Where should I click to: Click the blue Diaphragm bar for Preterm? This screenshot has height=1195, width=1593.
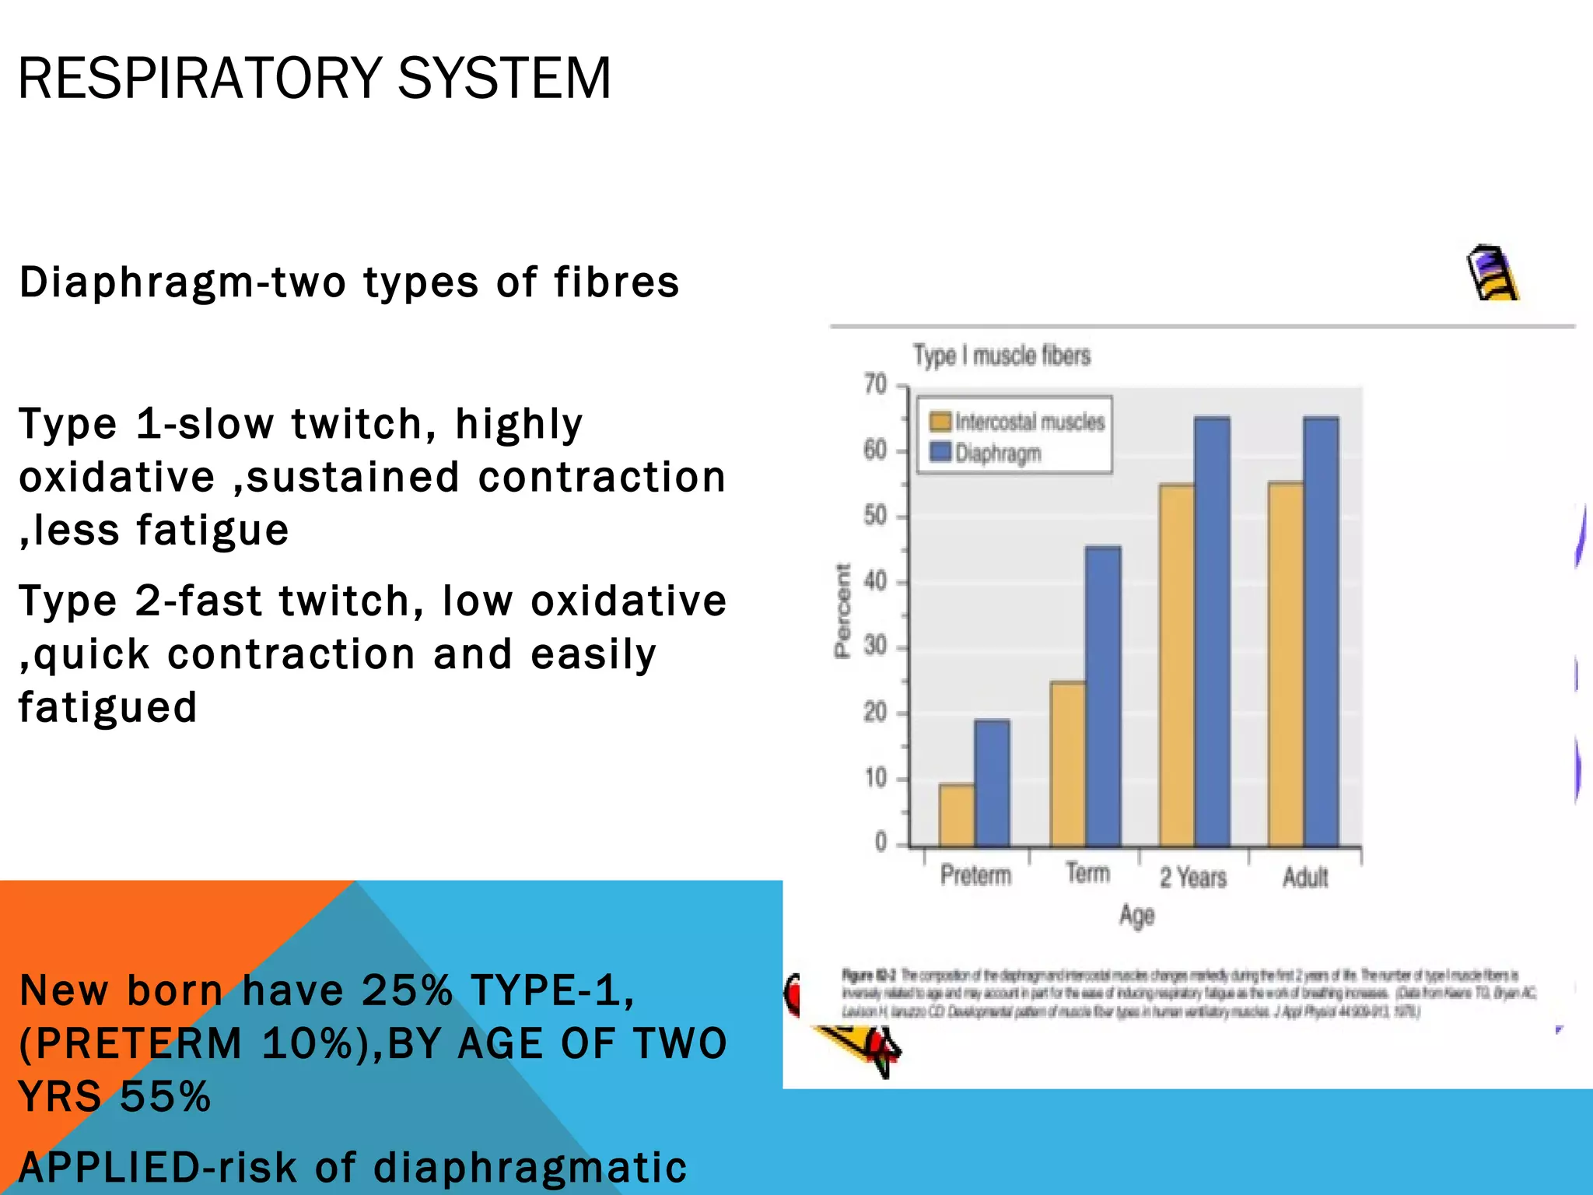[992, 783]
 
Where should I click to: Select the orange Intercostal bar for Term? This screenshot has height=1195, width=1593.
[1067, 764]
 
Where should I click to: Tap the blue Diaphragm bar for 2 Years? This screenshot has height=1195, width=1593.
[1212, 632]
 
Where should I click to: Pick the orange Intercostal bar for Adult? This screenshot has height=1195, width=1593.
[1286, 664]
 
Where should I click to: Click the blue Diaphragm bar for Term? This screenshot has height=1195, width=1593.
[1103, 696]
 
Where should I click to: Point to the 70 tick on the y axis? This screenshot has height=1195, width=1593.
[876, 384]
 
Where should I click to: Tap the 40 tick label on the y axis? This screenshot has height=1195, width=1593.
[876, 581]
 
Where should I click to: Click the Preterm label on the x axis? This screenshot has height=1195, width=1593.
[975, 875]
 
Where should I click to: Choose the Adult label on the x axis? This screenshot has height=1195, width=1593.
[1305, 878]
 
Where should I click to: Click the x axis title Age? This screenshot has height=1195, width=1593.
[1136, 916]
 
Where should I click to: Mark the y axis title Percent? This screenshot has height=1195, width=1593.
[842, 612]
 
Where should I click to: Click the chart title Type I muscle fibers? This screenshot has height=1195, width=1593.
[1002, 356]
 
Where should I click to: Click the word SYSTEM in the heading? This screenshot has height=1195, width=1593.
[504, 79]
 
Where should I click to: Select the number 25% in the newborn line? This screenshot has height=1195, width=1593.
[407, 990]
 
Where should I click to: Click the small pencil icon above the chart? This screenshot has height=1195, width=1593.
[1491, 273]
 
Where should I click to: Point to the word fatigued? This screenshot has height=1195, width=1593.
[107, 707]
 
